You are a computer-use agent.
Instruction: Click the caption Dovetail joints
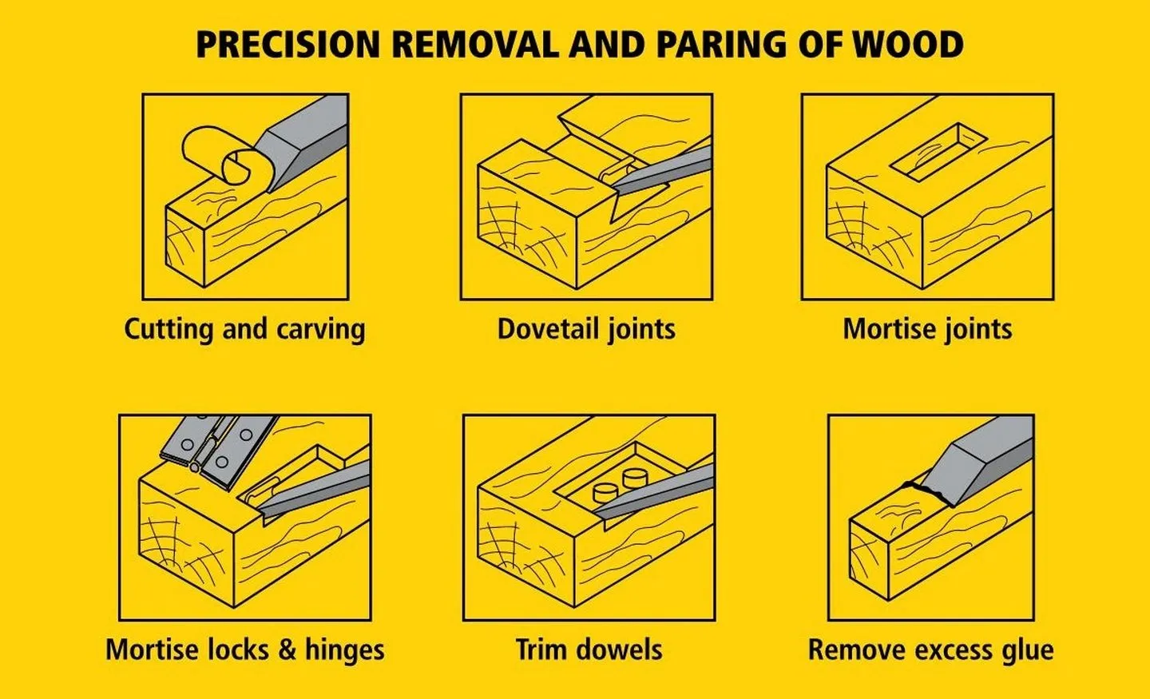click(586, 329)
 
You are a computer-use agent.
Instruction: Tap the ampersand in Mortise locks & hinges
click(287, 649)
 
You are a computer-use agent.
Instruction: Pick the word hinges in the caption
click(344, 649)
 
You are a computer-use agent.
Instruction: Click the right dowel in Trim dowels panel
click(636, 478)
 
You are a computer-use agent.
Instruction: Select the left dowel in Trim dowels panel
click(605, 490)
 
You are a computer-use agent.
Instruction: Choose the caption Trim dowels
click(589, 649)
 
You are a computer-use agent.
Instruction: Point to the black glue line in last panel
click(926, 490)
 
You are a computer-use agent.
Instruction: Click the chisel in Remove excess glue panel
click(986, 459)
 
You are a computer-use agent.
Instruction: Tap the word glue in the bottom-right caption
click(1026, 649)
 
